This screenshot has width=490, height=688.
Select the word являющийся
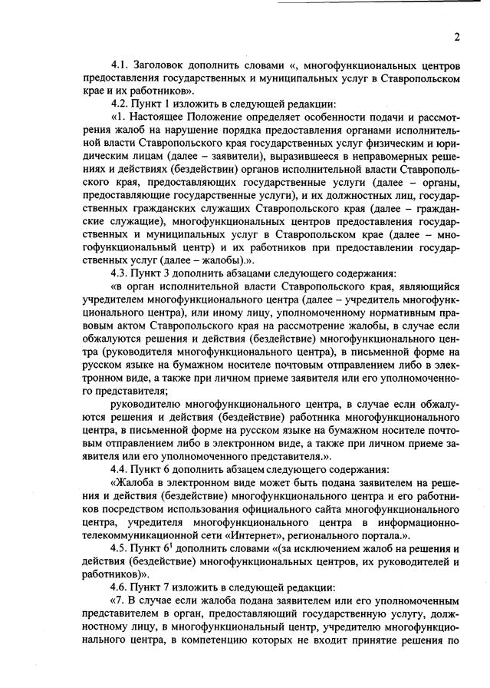(426, 286)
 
